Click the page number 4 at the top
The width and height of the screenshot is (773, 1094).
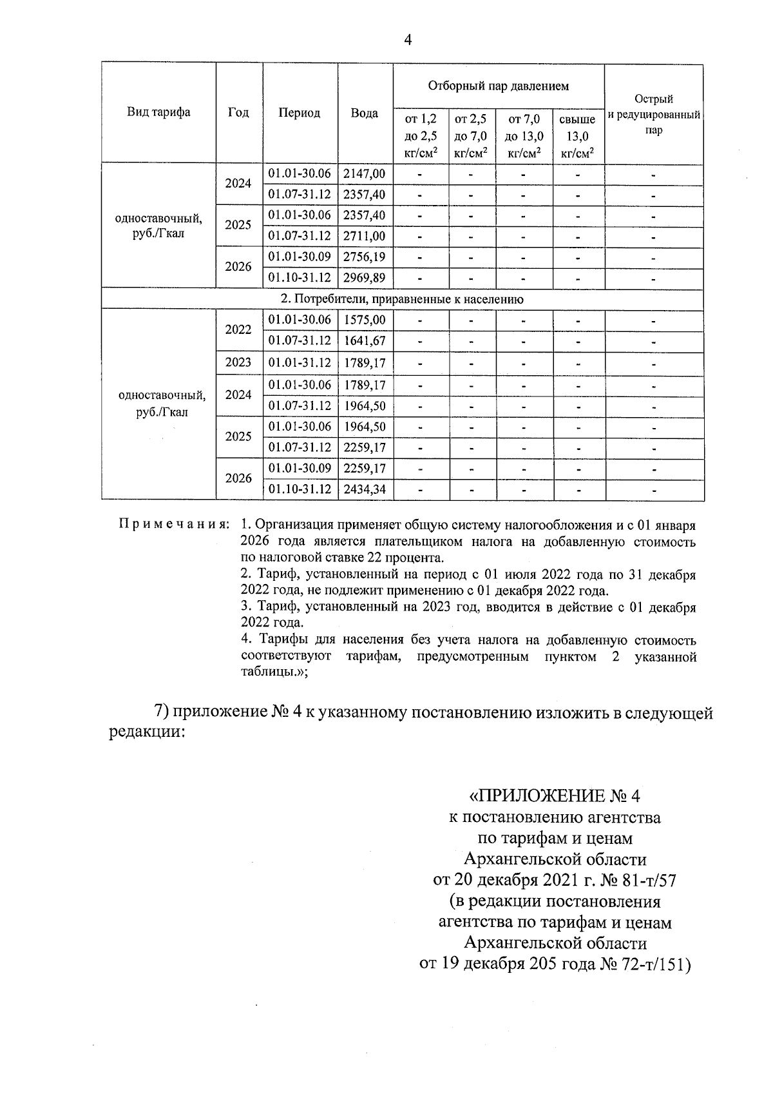click(x=407, y=40)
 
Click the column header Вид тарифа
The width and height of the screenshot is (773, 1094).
click(x=158, y=112)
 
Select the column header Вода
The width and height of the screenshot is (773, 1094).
click(x=365, y=113)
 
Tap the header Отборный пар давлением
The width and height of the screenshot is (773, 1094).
click(x=498, y=86)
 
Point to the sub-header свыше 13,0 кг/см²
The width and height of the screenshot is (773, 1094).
click(x=577, y=137)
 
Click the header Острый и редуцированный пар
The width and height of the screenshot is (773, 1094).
click(x=653, y=114)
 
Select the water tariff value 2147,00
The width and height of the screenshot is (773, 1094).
click(x=365, y=173)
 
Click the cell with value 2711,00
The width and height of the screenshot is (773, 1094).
click(x=365, y=236)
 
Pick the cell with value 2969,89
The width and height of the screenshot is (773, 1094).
click(x=365, y=278)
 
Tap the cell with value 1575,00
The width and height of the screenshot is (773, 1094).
click(x=365, y=320)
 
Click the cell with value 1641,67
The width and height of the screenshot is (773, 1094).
click(x=365, y=340)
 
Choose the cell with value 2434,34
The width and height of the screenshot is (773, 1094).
click(x=365, y=489)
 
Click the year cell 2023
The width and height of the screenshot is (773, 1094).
click(x=238, y=362)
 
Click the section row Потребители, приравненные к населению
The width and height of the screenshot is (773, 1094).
click(x=402, y=299)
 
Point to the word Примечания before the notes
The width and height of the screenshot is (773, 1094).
click(x=173, y=524)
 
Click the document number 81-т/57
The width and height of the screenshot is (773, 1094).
click(x=645, y=880)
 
